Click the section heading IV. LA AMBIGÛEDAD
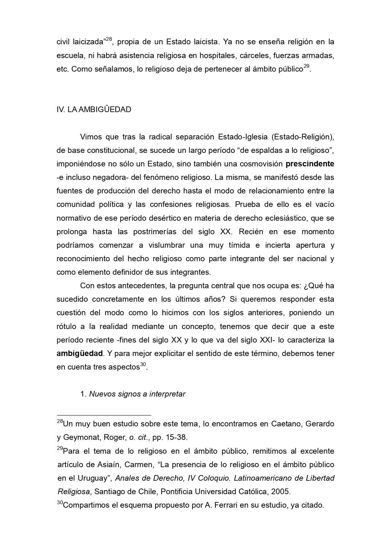point(94,110)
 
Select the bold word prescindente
point(310,164)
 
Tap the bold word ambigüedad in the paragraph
point(80,354)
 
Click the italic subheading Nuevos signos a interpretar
point(137,394)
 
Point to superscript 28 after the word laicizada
point(109,39)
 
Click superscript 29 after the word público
point(306,67)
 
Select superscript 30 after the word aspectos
point(143,365)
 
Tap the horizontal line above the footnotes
point(104,415)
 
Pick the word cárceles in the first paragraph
point(254,56)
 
